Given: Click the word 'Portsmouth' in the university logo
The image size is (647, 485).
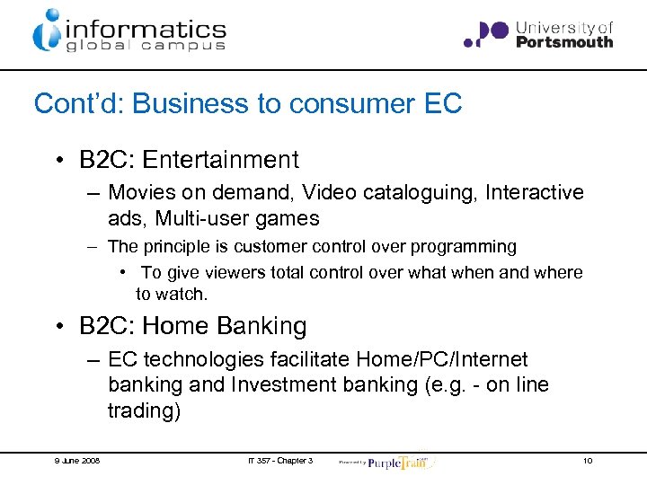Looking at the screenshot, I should tap(565, 41).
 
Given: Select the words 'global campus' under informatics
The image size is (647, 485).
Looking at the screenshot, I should tap(145, 44).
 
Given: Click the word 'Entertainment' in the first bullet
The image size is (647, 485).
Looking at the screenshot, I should tap(220, 160).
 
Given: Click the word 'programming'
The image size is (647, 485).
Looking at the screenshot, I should tap(472, 246).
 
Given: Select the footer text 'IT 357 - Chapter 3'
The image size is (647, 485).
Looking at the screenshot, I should tap(280, 461).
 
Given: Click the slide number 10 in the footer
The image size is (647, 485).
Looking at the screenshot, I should tap(587, 461).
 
